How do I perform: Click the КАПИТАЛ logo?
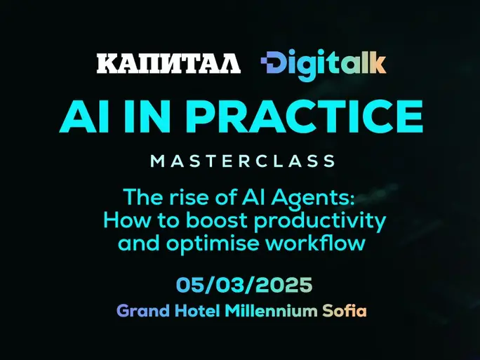click(x=168, y=63)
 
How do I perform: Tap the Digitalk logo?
click(x=324, y=65)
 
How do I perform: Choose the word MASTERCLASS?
click(x=243, y=161)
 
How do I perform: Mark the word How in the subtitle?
click(x=127, y=220)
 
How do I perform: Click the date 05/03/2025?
click(x=244, y=285)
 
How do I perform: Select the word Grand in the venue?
click(x=143, y=311)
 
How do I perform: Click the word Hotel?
click(x=197, y=311)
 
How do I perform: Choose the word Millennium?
click(x=271, y=311)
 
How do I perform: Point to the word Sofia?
click(x=345, y=311)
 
